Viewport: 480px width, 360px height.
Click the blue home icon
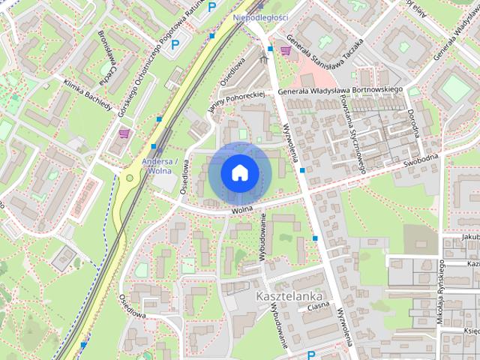[238, 172]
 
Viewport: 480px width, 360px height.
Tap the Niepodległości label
[261, 17]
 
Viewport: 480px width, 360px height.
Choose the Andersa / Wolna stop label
[160, 165]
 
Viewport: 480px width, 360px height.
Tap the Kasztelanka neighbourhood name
[282, 297]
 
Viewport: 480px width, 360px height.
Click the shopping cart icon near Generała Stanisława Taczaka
[285, 51]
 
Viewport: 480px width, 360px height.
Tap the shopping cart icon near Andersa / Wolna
[124, 133]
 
